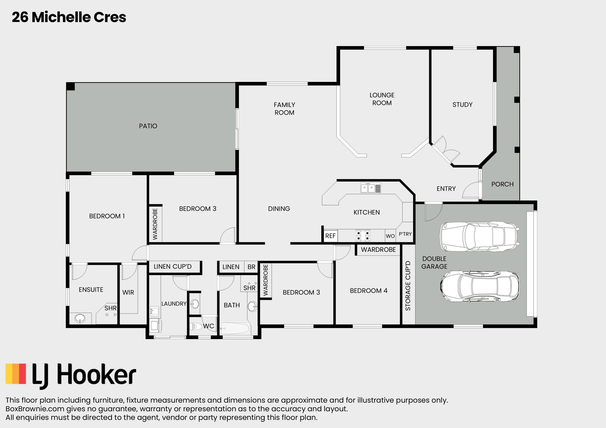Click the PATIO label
pyautogui.click(x=148, y=126)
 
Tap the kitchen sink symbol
pyautogui.click(x=371, y=188)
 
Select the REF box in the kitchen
pyautogui.click(x=330, y=236)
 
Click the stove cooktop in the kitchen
pyautogui.click(x=363, y=236)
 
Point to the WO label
pyautogui.click(x=390, y=236)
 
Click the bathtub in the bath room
pyautogui.click(x=235, y=328)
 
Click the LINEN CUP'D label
pyautogui.click(x=173, y=267)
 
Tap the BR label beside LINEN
pyautogui.click(x=251, y=267)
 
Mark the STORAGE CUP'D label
pyautogui.click(x=408, y=286)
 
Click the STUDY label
pyautogui.click(x=462, y=105)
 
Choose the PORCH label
pyautogui.click(x=502, y=184)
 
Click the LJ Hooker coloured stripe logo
pyautogui.click(x=16, y=374)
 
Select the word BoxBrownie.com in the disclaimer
pyautogui.click(x=35, y=409)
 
